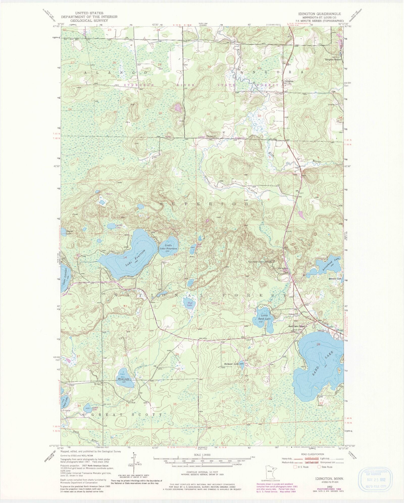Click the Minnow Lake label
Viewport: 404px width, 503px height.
(335, 279)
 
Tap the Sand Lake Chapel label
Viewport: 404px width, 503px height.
(297, 326)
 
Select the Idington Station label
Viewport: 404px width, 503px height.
(333, 60)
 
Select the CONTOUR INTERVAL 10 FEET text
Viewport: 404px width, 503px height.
(201, 472)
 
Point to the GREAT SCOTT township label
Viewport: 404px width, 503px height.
(126, 415)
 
